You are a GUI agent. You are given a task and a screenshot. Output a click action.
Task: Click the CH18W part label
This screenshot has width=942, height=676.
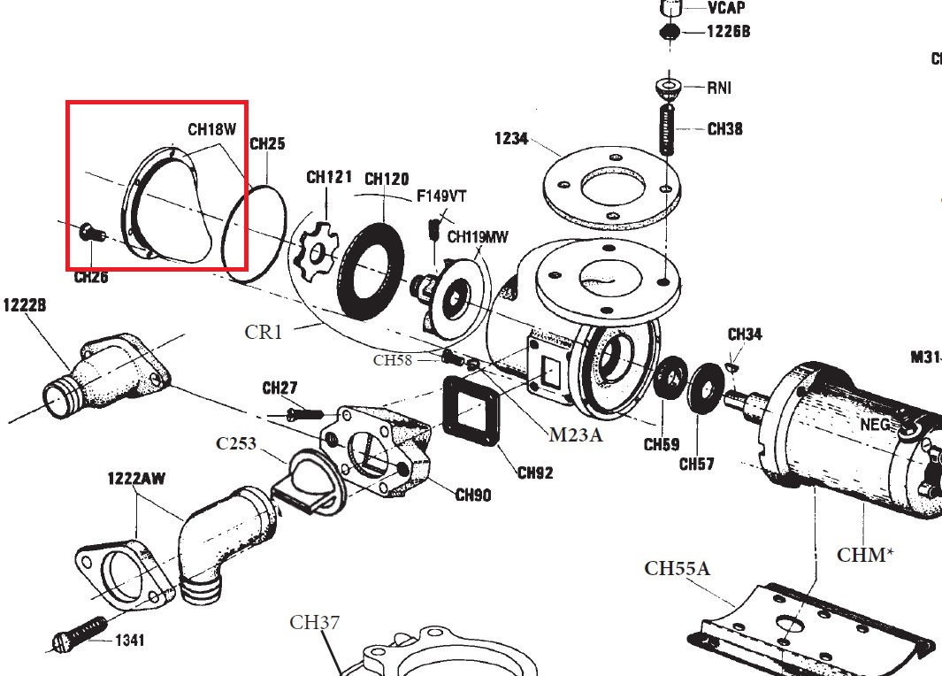pos(211,129)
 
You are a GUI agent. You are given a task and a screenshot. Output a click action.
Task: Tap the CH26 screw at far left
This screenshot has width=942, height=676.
pos(88,233)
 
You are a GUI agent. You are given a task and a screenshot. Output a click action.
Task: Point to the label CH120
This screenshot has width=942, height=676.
pos(387,180)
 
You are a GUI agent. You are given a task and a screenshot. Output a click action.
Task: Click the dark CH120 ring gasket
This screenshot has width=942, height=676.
pos(372,265)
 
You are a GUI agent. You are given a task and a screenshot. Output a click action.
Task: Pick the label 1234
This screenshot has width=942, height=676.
pos(511,139)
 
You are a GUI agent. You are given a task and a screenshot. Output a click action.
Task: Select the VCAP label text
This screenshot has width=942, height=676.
pos(726,8)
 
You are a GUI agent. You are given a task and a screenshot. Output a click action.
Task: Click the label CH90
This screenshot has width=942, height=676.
pos(473,495)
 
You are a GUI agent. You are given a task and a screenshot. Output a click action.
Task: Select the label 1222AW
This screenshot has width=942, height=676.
pos(136,479)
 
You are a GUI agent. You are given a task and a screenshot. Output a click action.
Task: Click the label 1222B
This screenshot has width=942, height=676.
pos(24,305)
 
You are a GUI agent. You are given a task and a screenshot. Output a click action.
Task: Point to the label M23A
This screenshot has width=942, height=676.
pos(576,434)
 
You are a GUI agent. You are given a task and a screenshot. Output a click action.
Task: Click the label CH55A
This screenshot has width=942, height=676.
pos(677,568)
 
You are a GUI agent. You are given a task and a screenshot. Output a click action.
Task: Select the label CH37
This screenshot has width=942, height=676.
pos(315,623)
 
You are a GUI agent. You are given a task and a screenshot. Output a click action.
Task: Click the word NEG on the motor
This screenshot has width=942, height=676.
pos(875,425)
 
